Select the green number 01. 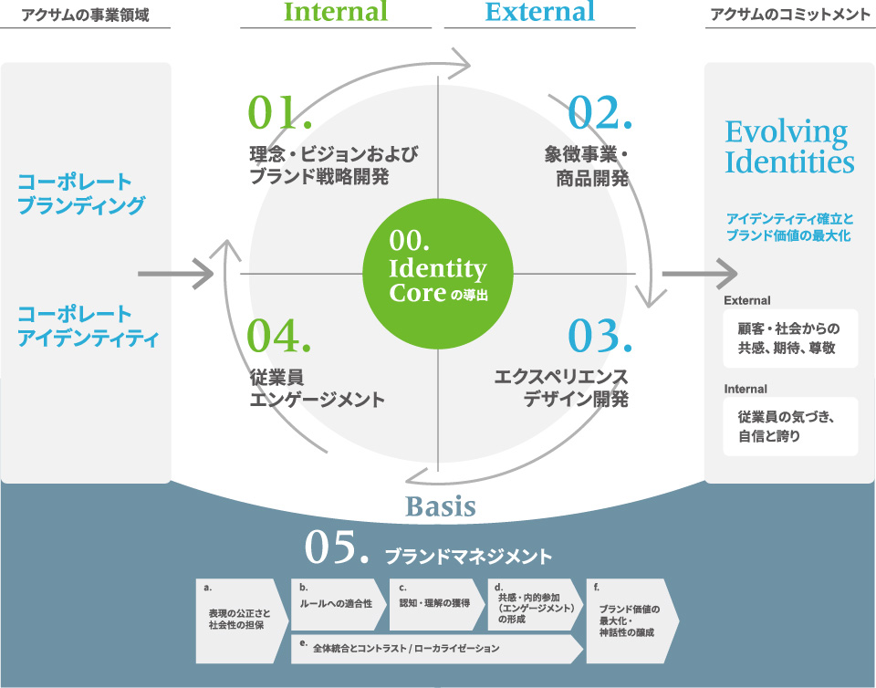280,112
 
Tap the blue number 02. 599,112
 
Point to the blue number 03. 599,335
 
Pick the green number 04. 280,335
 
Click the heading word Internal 336,12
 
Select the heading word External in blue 539,12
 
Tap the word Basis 440,506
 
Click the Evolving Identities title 789,147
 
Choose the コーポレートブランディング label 81,193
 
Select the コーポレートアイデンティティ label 88,327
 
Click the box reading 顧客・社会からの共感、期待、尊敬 787,339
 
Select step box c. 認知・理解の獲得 434,602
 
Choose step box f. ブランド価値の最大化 631,620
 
